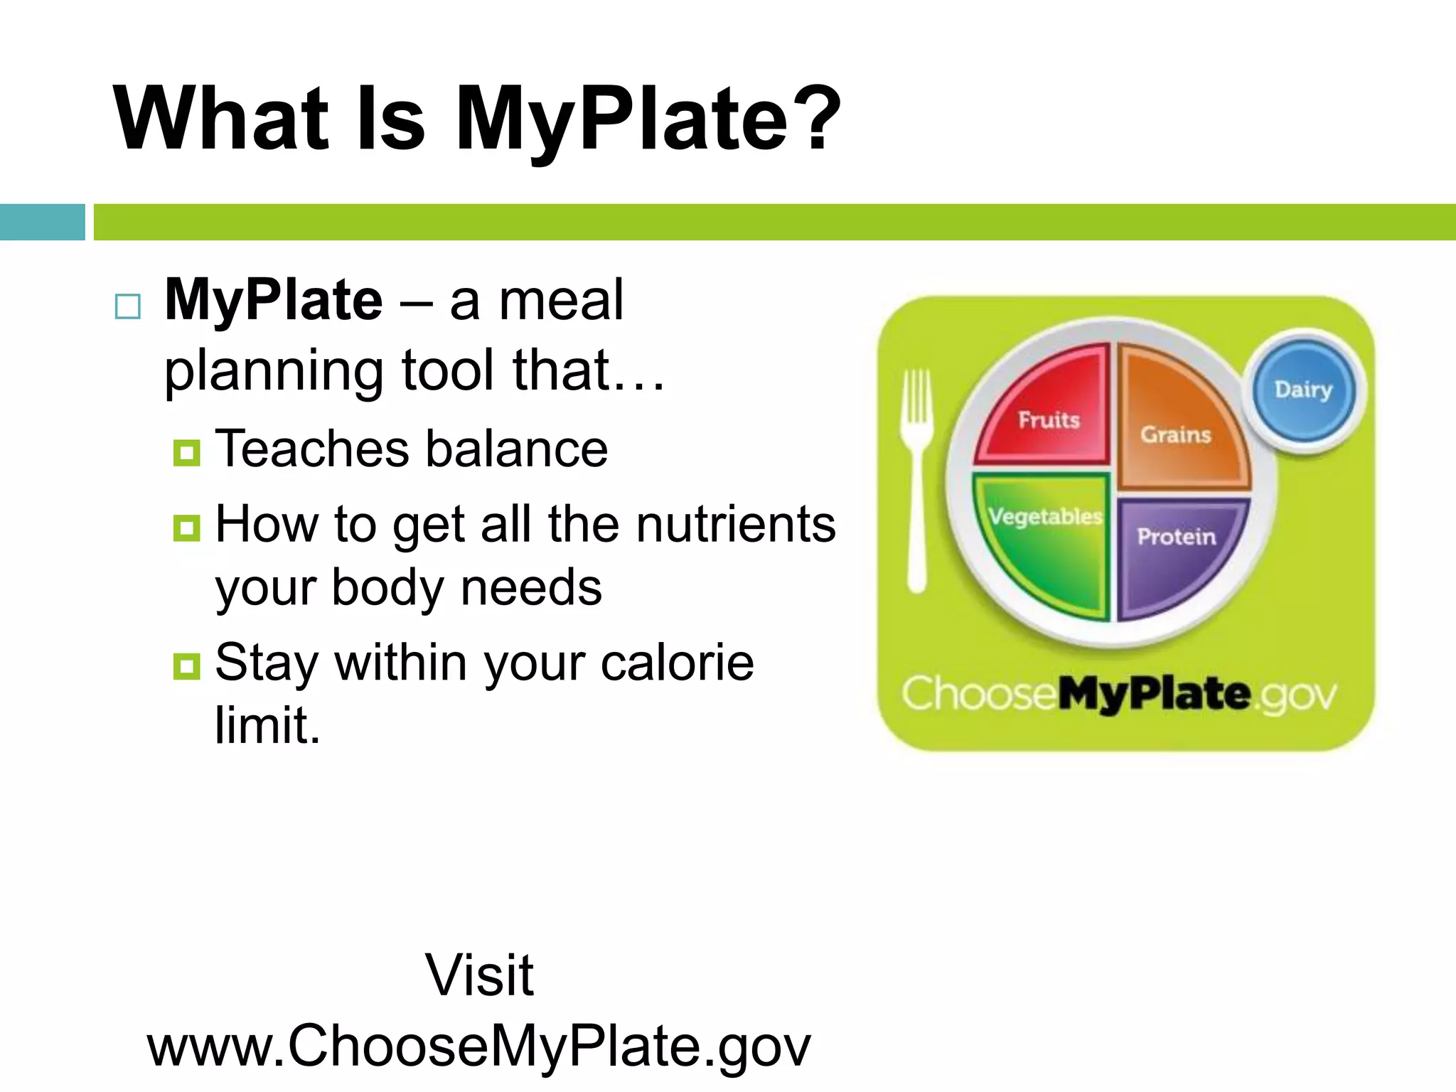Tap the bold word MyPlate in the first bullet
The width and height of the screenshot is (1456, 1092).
click(x=274, y=300)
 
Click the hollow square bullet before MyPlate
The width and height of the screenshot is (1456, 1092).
click(x=128, y=306)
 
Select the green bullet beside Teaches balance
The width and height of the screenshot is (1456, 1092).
click(x=186, y=452)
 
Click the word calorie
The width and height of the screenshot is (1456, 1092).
click(x=677, y=663)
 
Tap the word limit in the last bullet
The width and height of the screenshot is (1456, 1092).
click(x=267, y=725)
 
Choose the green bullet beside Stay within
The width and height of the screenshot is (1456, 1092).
click(x=186, y=666)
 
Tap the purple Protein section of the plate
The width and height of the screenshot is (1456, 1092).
click(x=1177, y=547)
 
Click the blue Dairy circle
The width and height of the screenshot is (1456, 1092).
click(x=1303, y=390)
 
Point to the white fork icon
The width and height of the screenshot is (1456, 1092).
click(x=917, y=476)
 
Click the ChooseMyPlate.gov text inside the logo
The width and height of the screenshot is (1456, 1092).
click(x=1119, y=695)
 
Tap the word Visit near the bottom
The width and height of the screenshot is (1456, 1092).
click(x=479, y=975)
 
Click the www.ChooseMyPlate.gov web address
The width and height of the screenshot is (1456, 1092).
click(x=479, y=1045)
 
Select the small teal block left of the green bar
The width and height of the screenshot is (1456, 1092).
click(x=42, y=222)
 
